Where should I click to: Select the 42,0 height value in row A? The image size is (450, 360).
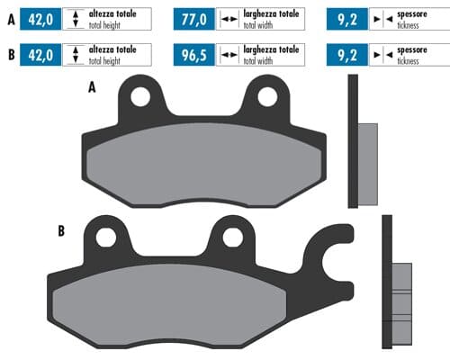pos(44,18)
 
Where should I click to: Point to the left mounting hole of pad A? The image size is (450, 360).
pos(140,94)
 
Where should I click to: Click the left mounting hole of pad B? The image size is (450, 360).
pos(105,237)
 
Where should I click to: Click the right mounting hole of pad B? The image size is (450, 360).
pos(232,237)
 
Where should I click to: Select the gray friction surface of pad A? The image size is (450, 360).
pos(205,163)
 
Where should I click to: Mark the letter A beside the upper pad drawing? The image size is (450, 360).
pos(92,88)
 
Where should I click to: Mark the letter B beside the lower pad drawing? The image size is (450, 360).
pos(60,231)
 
